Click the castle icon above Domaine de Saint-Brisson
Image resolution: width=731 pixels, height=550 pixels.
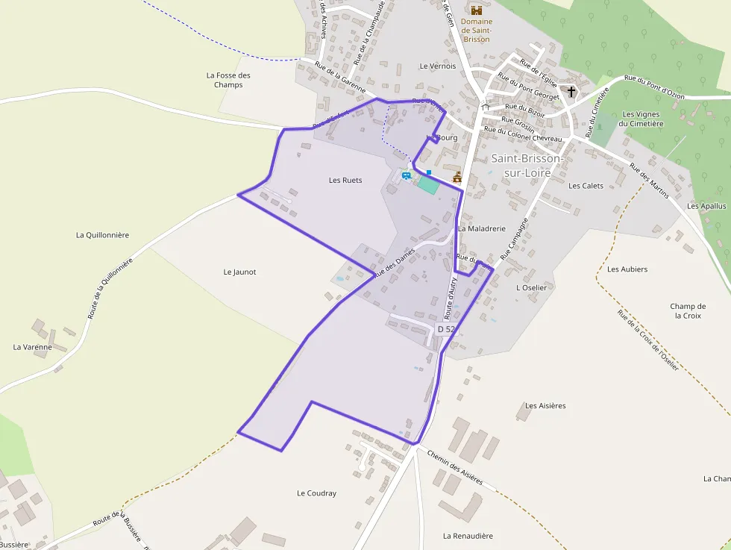[476, 10]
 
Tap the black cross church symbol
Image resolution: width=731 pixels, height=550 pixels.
[572, 92]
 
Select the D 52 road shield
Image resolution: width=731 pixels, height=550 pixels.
[445, 329]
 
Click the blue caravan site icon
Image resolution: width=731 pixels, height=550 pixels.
[407, 176]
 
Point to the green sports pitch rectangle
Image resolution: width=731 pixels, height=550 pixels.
[427, 184]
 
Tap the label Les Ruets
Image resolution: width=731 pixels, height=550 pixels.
[345, 180]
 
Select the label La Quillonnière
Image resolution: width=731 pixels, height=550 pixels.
[102, 234]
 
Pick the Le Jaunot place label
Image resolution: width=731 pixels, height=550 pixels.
[239, 272]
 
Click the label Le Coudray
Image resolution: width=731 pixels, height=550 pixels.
[316, 493]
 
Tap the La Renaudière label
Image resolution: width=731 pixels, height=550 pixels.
[468, 535]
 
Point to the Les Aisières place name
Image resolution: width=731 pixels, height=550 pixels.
[545, 405]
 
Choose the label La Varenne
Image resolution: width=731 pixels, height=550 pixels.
[33, 346]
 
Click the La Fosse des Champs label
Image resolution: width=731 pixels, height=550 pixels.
[228, 80]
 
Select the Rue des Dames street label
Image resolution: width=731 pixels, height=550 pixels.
[394, 262]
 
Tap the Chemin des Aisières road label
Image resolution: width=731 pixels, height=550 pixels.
[455, 467]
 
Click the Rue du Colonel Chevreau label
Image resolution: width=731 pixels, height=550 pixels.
[523, 134]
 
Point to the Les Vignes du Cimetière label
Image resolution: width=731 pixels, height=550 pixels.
[642, 119]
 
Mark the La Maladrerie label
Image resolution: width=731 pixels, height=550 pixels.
[482, 228]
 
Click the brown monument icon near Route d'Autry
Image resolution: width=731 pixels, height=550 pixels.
[457, 177]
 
